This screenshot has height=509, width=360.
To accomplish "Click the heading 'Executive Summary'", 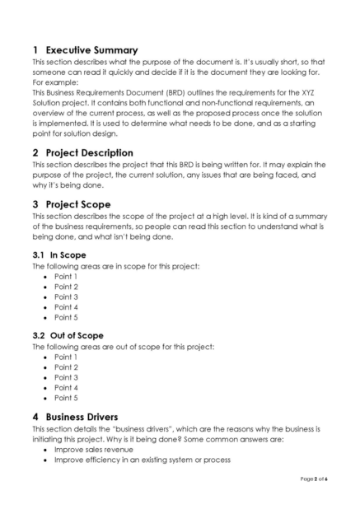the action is click(x=91, y=49).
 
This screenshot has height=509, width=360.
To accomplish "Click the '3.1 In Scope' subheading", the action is click(x=58, y=255).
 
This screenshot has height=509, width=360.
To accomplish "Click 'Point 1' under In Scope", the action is click(x=66, y=277).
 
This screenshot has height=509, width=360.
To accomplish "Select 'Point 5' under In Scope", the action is click(x=66, y=316).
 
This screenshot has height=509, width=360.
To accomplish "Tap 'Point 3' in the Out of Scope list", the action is click(x=66, y=377).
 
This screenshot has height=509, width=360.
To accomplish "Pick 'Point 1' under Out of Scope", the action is click(x=66, y=357).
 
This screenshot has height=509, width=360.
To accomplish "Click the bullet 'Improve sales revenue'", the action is click(x=93, y=450).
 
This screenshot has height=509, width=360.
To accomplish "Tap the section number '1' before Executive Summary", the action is click(x=35, y=49).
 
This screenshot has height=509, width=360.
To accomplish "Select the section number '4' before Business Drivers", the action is click(x=35, y=416).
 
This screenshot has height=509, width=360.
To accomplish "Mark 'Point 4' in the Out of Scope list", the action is click(x=66, y=387).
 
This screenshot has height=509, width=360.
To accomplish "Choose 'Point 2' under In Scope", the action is click(x=66, y=287).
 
